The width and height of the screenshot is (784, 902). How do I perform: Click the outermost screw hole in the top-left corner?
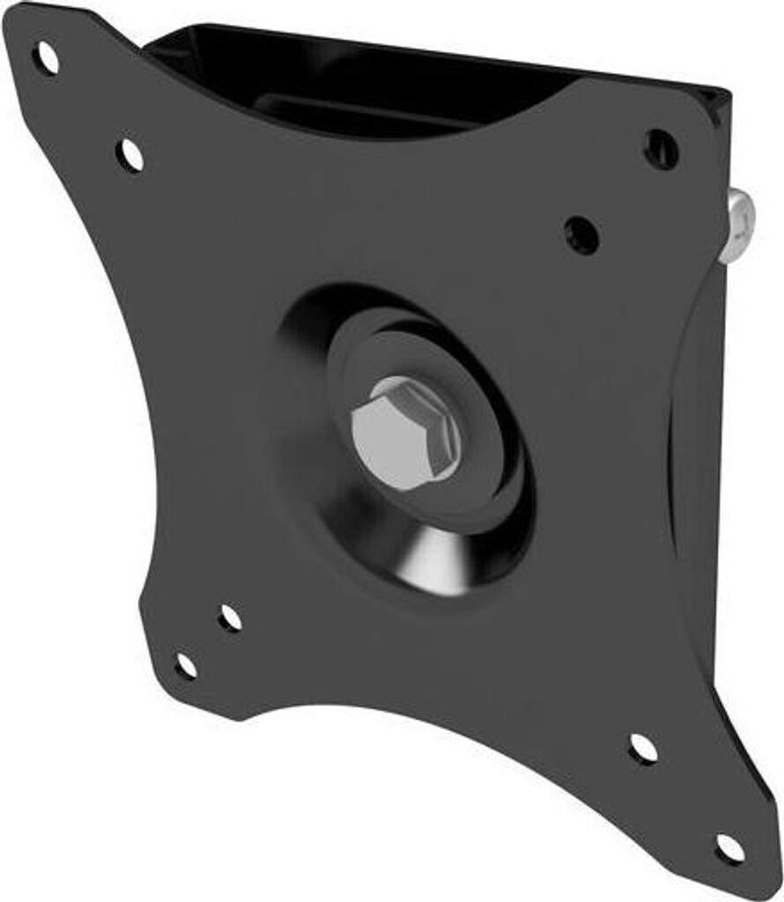click(46, 59)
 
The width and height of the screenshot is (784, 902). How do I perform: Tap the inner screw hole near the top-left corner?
click(129, 155)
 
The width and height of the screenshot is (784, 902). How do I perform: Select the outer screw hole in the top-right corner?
click(661, 149)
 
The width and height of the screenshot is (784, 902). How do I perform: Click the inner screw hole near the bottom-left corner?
click(230, 617)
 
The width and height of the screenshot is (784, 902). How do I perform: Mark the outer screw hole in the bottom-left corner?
click(186, 665)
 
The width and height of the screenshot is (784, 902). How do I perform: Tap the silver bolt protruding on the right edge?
click(737, 228)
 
